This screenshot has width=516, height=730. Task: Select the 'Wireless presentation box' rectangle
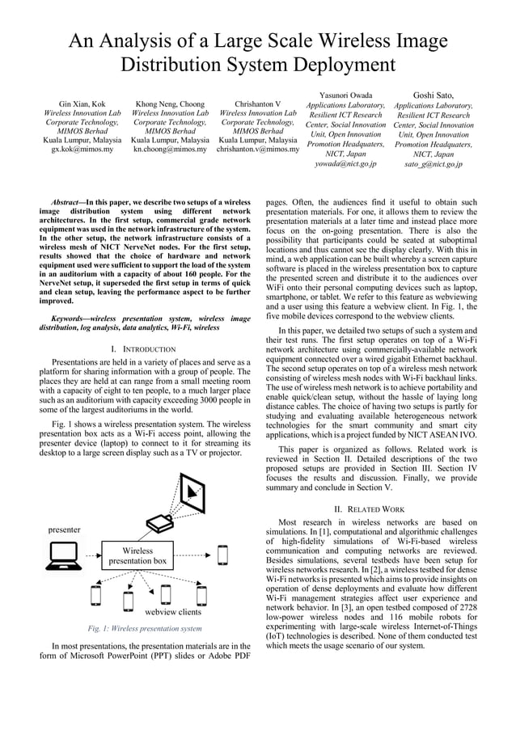click(137, 556)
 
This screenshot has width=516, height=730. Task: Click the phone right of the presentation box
click(222, 556)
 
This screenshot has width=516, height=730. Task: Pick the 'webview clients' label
click(172, 612)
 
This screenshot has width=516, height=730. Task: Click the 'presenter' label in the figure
click(64, 530)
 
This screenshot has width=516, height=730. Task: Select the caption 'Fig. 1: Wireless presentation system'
click(144, 628)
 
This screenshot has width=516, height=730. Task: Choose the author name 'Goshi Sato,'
click(434, 95)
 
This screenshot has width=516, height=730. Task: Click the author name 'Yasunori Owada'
click(345, 95)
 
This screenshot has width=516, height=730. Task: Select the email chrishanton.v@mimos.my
click(258, 150)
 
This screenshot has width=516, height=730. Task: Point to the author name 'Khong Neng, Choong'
click(170, 104)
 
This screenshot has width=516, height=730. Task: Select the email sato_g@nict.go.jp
click(434, 163)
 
